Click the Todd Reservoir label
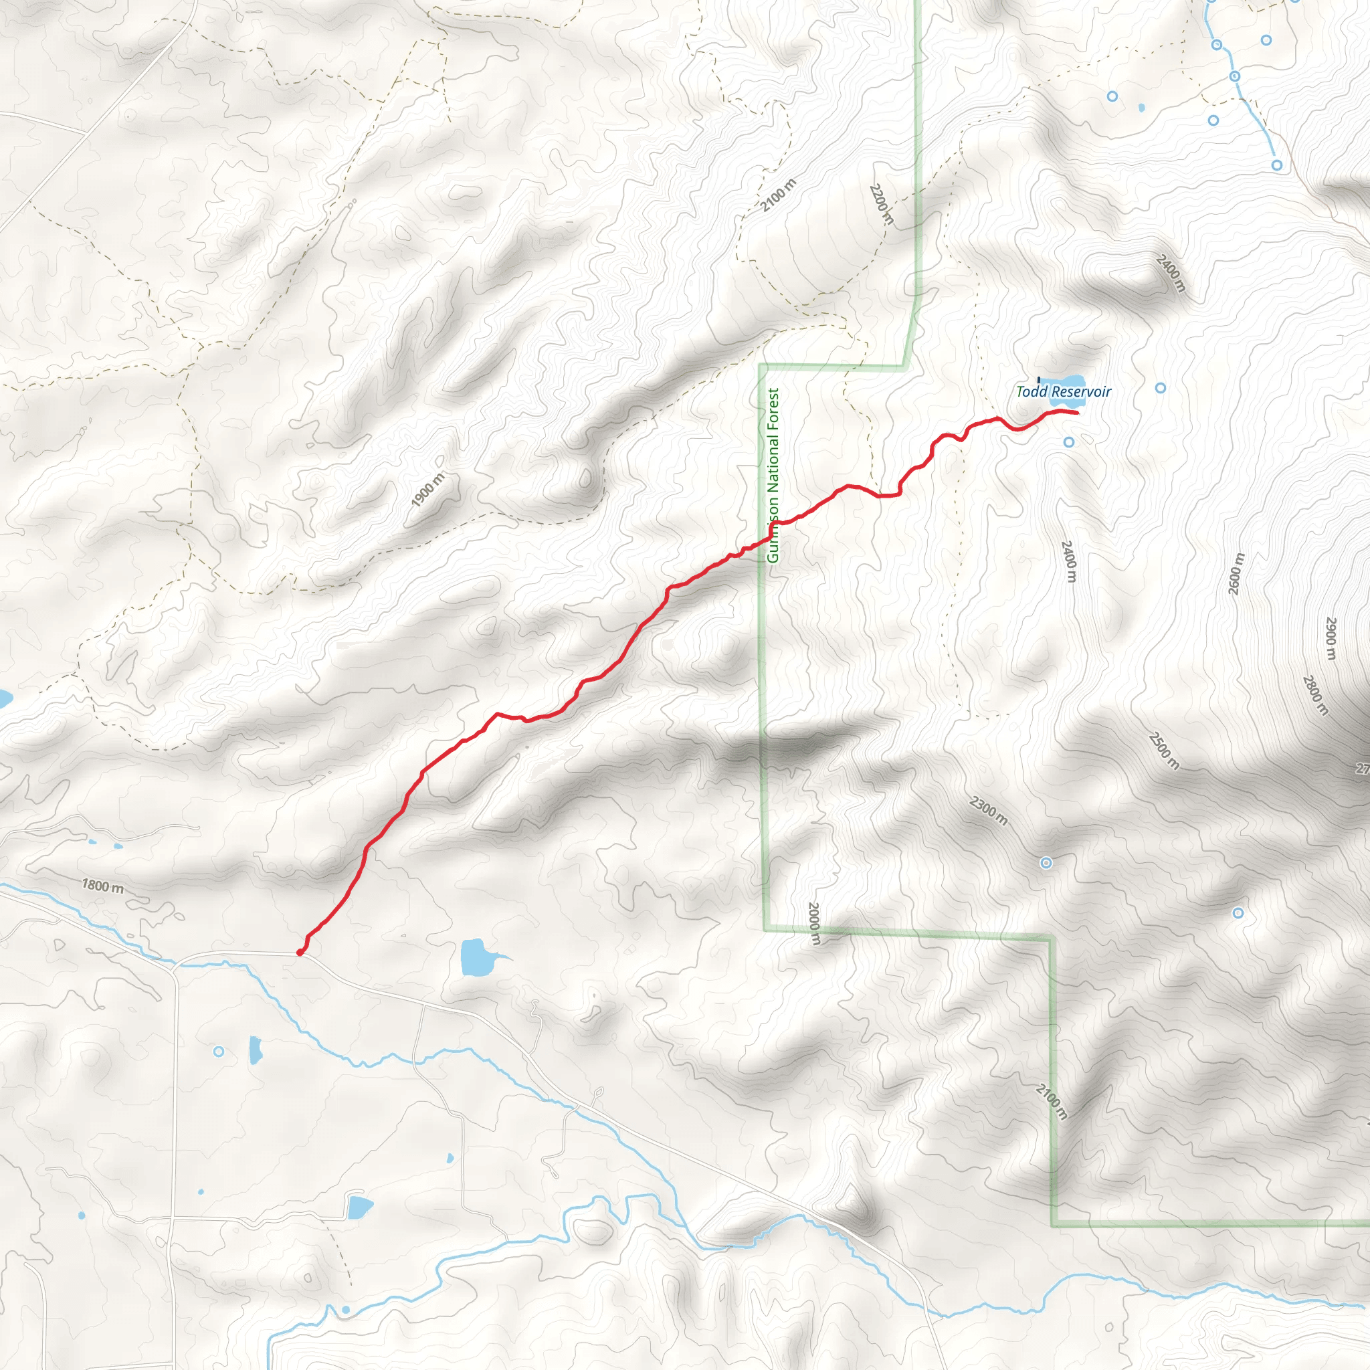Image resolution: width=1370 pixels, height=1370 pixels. pos(1063,391)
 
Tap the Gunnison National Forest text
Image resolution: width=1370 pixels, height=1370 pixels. pos(773,475)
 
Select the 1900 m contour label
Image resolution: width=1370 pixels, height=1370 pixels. pos(427,490)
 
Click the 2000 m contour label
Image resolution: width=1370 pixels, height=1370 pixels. pos(814,923)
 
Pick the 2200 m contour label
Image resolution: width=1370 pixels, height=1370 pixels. pos(881,203)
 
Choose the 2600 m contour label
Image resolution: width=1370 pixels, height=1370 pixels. pos(1236,574)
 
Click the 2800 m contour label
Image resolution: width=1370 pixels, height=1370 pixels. pos(1314,695)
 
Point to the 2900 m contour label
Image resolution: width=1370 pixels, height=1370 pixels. pos(1331,638)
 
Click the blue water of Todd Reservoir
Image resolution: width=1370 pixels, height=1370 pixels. pos(1067,380)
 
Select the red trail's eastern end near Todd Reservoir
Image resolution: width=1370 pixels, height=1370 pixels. pos(1077,413)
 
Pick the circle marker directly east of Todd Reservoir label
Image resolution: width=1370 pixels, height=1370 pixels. pos(1161,388)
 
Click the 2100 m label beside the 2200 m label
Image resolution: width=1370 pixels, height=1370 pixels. pos(779,196)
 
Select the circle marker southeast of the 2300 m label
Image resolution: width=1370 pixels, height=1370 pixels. pos(1046,863)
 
